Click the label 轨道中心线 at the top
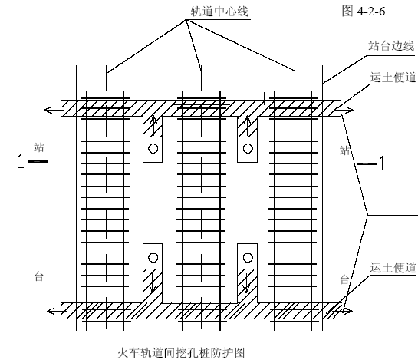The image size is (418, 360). pyautogui.click(x=219, y=12)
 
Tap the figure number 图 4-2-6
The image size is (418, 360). pyautogui.click(x=364, y=12)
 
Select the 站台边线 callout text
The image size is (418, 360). pyautogui.click(x=391, y=46)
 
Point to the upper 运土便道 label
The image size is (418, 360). pyautogui.click(x=393, y=78)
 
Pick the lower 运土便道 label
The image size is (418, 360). pyautogui.click(x=393, y=268)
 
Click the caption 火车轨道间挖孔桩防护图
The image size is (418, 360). pyautogui.click(x=181, y=353)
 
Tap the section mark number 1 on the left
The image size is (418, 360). pyautogui.click(x=21, y=161)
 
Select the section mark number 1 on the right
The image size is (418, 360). pyautogui.click(x=382, y=163)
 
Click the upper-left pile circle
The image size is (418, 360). pyautogui.click(x=153, y=148)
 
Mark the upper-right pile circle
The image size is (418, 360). pyautogui.click(x=248, y=148)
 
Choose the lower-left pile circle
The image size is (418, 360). pyautogui.click(x=153, y=257)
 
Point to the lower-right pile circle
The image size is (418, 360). pyautogui.click(x=248, y=257)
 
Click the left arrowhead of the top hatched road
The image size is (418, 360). pyautogui.click(x=48, y=110)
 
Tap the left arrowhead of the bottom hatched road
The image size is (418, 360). pyautogui.click(x=51, y=311)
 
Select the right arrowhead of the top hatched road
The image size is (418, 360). pyautogui.click(x=349, y=110)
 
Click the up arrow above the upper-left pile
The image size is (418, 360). pyautogui.click(x=153, y=126)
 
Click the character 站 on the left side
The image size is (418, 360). pyautogui.click(x=39, y=147)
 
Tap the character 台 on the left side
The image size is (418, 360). pyautogui.click(x=39, y=276)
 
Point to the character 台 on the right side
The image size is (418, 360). pyautogui.click(x=344, y=279)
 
